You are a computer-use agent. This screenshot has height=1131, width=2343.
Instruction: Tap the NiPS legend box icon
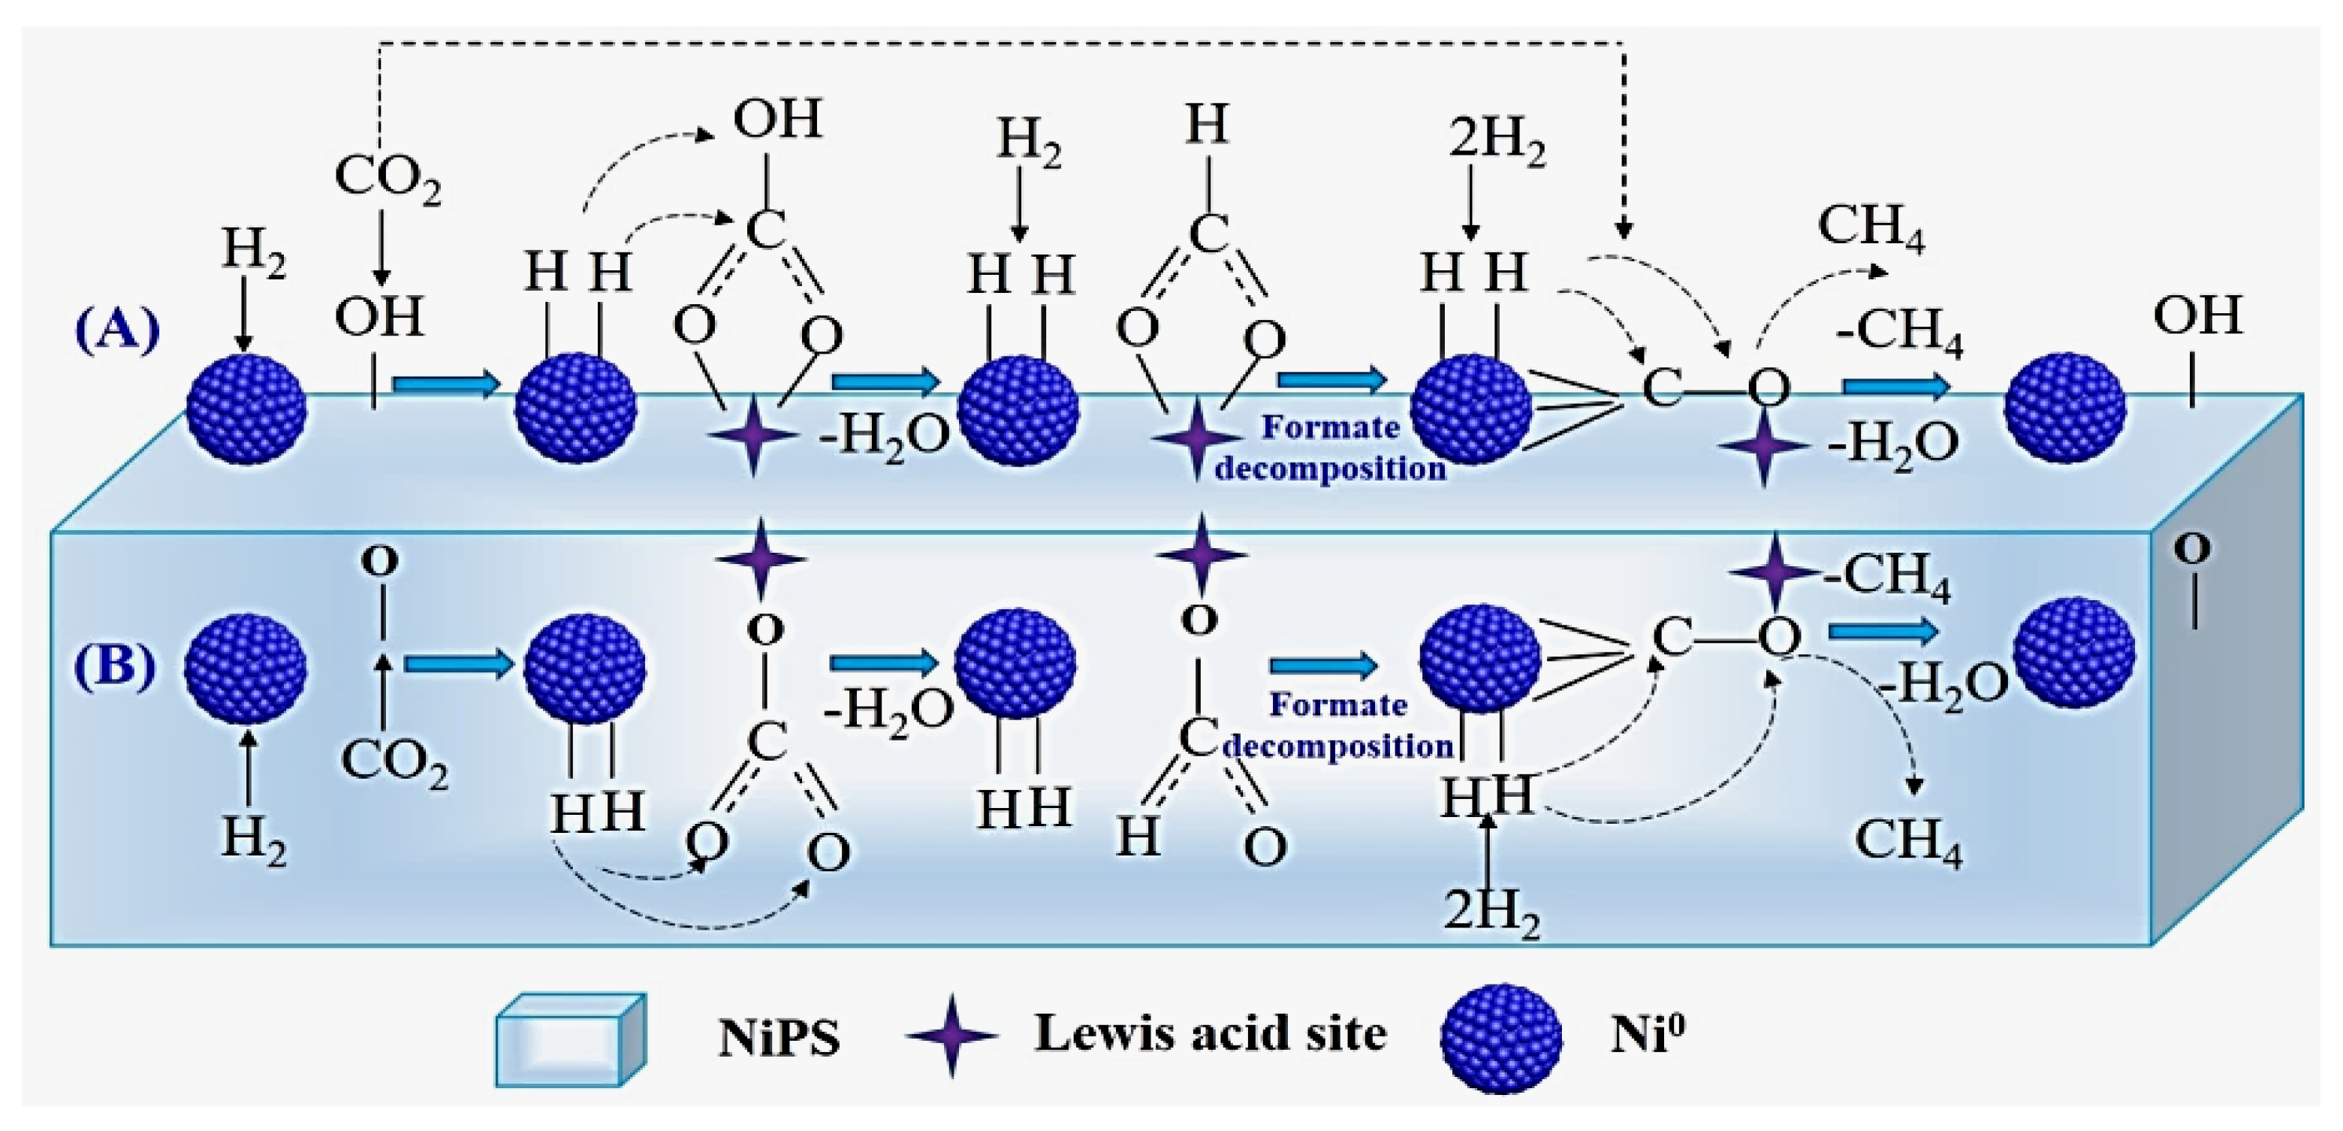[570, 1039]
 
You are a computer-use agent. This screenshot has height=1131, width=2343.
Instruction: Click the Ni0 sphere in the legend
[1500, 1038]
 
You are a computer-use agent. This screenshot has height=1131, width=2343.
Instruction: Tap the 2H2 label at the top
[1496, 143]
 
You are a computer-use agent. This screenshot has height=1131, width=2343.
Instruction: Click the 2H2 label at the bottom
[1491, 911]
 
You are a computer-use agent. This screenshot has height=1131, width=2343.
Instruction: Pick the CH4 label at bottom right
[1908, 841]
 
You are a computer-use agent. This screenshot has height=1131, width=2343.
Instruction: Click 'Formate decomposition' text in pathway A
[1331, 448]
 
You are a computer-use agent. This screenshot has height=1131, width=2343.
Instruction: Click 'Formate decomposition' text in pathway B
[1338, 725]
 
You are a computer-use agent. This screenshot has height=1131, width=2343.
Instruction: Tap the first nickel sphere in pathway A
[246, 409]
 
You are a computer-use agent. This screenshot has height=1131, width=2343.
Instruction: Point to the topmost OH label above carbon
[778, 119]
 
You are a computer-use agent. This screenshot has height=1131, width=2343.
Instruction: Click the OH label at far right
[2197, 315]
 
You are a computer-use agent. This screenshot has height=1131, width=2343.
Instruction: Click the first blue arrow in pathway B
[460, 665]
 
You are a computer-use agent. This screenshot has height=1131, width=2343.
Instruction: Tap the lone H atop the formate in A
[1207, 125]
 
